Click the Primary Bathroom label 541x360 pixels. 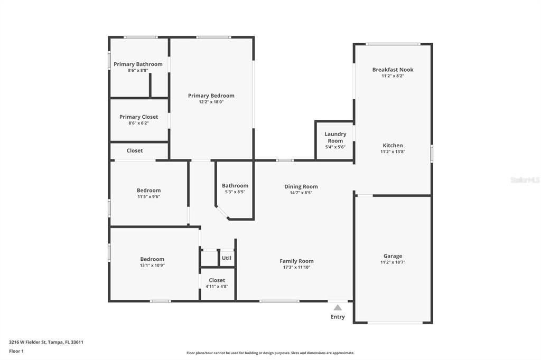coord(138,64)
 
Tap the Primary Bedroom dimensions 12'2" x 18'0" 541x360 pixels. coord(211,102)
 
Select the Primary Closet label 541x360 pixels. coord(138,117)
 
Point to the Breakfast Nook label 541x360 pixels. coord(393,70)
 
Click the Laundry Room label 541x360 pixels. coord(335,138)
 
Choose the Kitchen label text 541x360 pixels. coord(393,146)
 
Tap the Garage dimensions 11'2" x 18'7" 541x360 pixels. coord(393,262)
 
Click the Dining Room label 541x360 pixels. coord(301,186)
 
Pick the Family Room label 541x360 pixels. coord(296,261)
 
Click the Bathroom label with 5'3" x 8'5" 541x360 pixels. coord(235,186)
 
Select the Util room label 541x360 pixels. coord(227,258)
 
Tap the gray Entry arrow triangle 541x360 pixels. coord(338,307)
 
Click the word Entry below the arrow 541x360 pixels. coord(338,317)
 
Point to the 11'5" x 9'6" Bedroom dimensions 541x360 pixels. coord(148,196)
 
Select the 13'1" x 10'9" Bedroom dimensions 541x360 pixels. coord(152,266)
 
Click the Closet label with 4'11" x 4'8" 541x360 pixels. coord(217,280)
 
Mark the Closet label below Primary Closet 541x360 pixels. coord(135,150)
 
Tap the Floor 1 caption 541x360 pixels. coord(16,351)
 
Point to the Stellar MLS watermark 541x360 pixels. coord(525,180)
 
